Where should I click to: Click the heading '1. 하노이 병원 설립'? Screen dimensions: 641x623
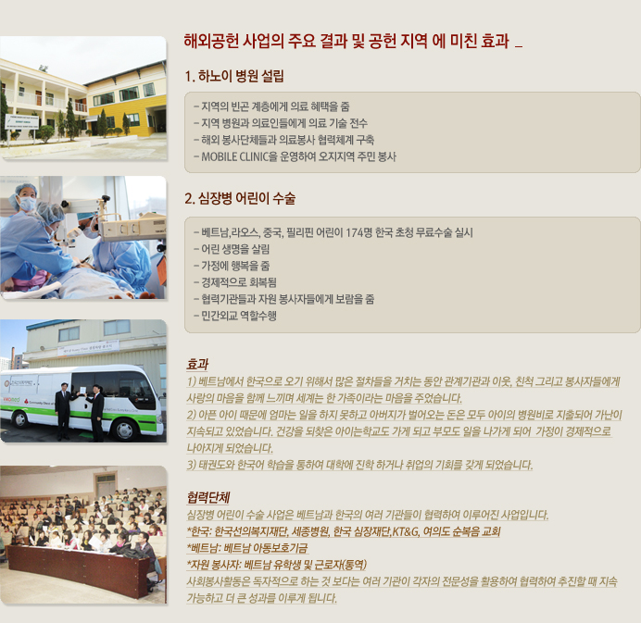tap(233, 76)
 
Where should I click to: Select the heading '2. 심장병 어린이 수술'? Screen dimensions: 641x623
tap(240, 198)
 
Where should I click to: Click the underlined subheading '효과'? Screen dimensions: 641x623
tap(197, 364)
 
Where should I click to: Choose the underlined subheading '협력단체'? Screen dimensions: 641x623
tap(208, 497)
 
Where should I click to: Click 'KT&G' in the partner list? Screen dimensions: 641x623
tap(406, 531)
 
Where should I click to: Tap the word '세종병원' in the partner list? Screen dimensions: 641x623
tap(310, 531)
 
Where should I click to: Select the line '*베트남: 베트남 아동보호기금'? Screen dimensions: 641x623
tap(247, 548)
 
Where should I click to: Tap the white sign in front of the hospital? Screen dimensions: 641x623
tap(21, 122)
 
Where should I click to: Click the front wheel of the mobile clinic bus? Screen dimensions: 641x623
tap(124, 430)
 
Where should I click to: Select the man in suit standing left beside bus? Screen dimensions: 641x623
tap(63, 411)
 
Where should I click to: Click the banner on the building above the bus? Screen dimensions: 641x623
tap(88, 348)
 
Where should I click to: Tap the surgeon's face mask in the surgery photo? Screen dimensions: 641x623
tap(27, 204)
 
